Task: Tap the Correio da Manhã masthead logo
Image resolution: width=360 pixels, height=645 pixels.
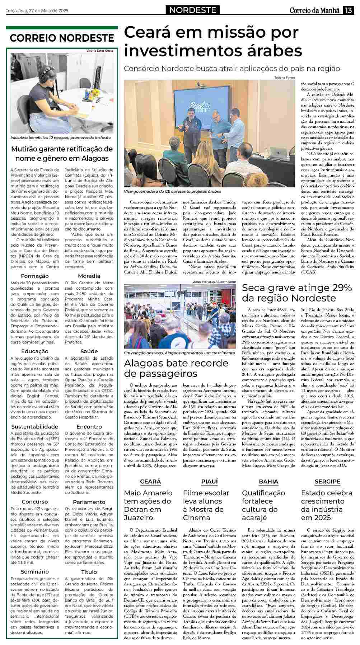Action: [314, 10]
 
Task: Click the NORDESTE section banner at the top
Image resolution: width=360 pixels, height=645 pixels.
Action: [193, 10]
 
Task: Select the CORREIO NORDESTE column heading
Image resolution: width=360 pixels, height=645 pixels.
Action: [62, 38]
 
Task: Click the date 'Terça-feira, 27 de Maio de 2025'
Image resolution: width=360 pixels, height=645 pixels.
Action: [37, 10]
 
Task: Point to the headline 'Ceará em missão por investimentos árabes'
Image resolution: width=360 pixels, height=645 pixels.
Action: [213, 42]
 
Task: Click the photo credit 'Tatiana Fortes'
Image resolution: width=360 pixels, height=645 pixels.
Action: [284, 78]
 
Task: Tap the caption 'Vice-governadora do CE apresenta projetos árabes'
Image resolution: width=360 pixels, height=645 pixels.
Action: [172, 192]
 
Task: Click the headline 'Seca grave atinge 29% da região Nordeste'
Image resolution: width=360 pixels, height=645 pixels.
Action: [296, 293]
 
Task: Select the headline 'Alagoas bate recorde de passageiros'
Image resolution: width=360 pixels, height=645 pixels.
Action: [176, 368]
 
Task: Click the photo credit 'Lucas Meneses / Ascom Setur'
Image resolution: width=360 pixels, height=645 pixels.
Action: [215, 282]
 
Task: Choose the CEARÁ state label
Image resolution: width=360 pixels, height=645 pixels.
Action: [150, 481]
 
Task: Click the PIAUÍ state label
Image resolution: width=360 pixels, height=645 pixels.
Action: [210, 481]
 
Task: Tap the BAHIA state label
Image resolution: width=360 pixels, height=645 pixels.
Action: [268, 481]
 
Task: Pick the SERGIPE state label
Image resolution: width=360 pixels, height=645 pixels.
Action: [327, 481]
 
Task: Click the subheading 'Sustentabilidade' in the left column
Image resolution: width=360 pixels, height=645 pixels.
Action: [35, 426]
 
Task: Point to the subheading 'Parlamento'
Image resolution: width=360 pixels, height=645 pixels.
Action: [89, 502]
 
